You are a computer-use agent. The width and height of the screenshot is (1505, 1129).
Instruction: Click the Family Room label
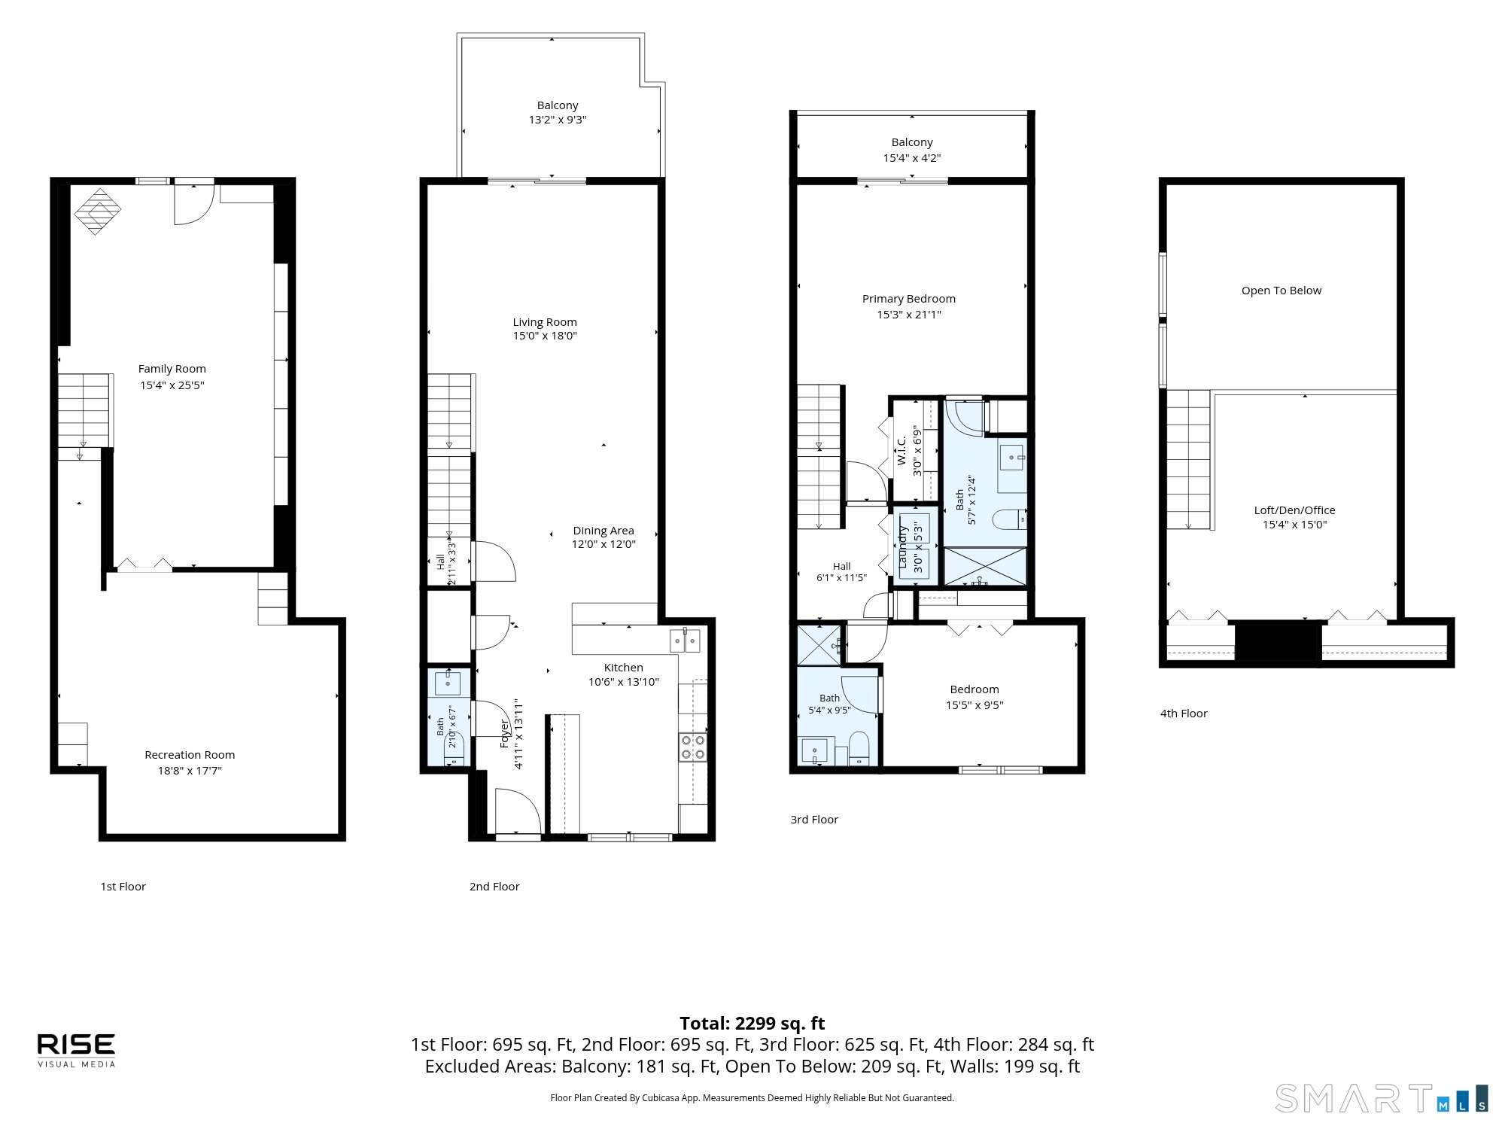tap(172, 369)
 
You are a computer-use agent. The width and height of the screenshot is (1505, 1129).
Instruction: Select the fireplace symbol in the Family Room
tap(97, 211)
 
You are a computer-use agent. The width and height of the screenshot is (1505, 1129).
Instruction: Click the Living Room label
tap(545, 322)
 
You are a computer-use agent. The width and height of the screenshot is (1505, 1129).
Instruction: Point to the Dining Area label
tap(604, 531)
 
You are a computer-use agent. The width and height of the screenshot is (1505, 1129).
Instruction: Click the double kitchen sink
tap(686, 640)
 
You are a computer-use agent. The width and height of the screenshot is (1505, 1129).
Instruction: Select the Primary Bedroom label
tap(909, 299)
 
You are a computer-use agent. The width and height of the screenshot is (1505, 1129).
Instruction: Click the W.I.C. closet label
tap(901, 450)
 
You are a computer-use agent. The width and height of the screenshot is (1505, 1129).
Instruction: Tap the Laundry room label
tap(903, 546)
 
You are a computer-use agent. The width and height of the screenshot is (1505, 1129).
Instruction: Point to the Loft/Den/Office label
tap(1294, 510)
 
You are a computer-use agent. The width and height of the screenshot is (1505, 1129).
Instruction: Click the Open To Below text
tap(1282, 291)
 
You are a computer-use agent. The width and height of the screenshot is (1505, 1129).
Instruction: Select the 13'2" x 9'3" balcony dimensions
tap(558, 120)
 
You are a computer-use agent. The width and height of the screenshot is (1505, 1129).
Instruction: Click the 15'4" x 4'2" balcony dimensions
tap(912, 158)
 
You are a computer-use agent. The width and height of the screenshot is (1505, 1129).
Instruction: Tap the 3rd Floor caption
tap(814, 819)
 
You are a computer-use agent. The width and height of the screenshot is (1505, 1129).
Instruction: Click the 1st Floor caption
tap(123, 886)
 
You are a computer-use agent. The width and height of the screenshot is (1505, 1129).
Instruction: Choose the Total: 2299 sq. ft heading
tap(752, 1024)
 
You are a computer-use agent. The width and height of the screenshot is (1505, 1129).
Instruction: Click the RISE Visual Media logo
tap(77, 1050)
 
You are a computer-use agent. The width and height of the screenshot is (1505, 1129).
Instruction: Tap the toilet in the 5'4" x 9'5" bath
tap(859, 749)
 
